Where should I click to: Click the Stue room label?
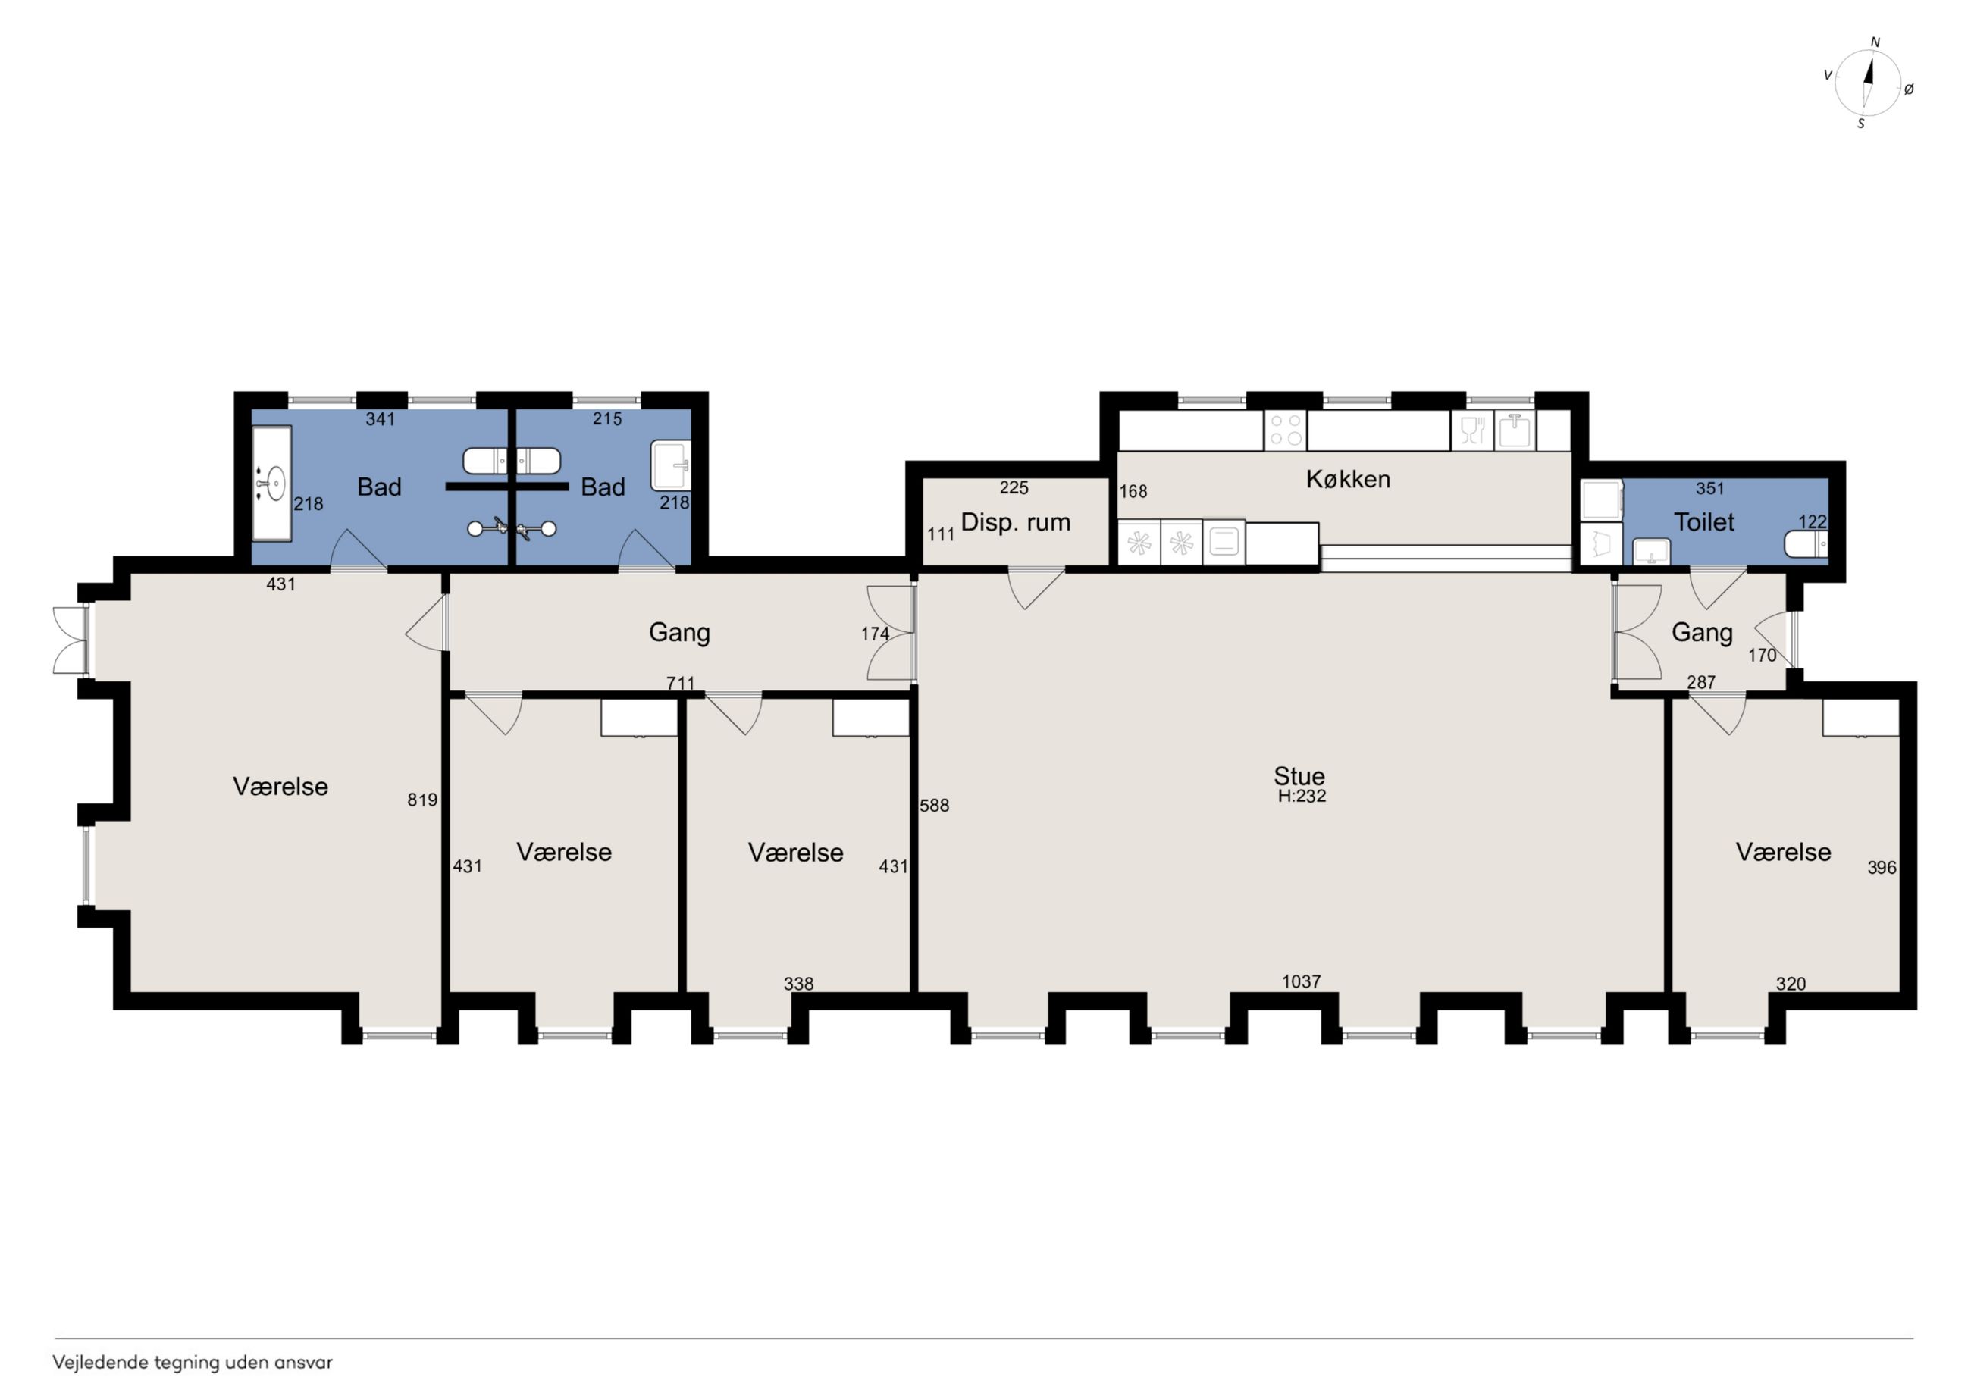[1299, 776]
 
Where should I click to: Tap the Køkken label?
[1348, 479]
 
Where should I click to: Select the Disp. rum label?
[1016, 523]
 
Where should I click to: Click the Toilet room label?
[1704, 522]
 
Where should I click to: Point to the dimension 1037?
[1302, 981]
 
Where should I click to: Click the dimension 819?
[422, 800]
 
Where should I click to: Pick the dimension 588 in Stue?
[934, 805]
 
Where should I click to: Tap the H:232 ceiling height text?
[1302, 797]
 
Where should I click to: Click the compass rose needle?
[1868, 82]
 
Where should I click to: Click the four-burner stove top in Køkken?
[1285, 430]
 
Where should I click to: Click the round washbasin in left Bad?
[273, 484]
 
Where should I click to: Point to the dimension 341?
[381, 419]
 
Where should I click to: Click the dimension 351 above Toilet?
[1710, 488]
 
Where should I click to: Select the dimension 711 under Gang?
[681, 683]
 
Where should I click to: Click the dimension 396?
[1882, 868]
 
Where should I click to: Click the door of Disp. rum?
[1036, 587]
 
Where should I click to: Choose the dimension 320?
[1791, 984]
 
